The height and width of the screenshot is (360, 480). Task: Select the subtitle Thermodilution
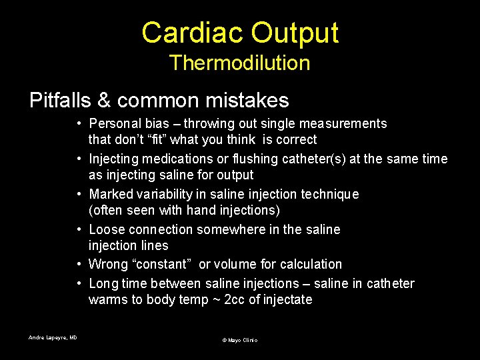pyautogui.click(x=239, y=63)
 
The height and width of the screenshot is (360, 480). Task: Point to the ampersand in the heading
pyautogui.click(x=103, y=101)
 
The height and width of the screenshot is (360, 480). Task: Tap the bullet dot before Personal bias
pyautogui.click(x=79, y=123)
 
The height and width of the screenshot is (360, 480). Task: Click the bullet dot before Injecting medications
pyautogui.click(x=79, y=159)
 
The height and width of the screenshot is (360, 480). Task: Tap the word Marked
pyautogui.click(x=110, y=194)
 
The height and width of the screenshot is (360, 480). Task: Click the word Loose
pyautogui.click(x=107, y=229)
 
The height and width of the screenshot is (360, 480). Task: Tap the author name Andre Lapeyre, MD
pyautogui.click(x=53, y=338)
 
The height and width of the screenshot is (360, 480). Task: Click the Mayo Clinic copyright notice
pyautogui.click(x=239, y=340)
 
